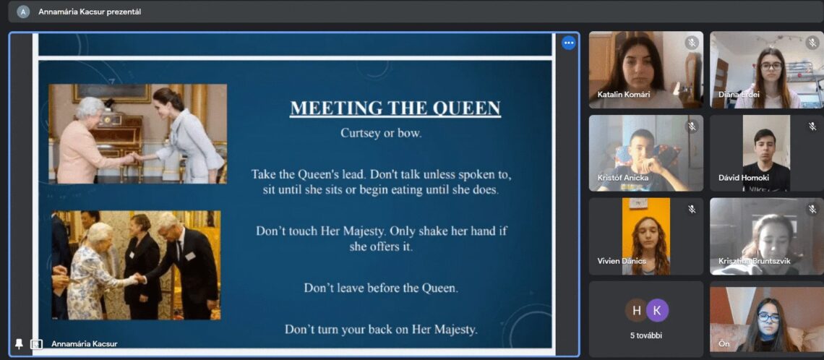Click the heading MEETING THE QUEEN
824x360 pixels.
pos(395,108)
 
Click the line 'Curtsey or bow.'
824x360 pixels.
pos(381,133)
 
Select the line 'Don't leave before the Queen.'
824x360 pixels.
pos(381,288)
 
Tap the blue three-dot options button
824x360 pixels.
pos(568,43)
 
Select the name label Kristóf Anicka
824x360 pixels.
pos(623,178)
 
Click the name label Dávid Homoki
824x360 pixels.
pos(744,178)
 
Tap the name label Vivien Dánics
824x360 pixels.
pos(622,261)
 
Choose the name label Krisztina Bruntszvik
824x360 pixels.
pos(754,261)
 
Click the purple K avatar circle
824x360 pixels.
pos(657,310)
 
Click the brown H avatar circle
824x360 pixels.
pos(636,310)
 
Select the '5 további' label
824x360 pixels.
pos(646,335)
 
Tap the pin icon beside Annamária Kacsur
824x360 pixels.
pos(19,343)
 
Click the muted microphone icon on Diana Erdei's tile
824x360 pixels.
pos(812,43)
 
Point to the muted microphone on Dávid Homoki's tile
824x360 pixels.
pos(812,126)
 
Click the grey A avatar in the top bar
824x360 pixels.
pos(23,12)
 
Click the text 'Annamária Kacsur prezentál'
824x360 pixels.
pos(90,12)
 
